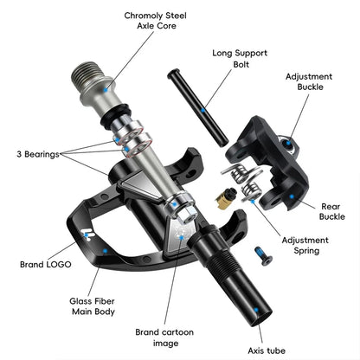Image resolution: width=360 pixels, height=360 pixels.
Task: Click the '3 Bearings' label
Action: (x=32, y=154)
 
